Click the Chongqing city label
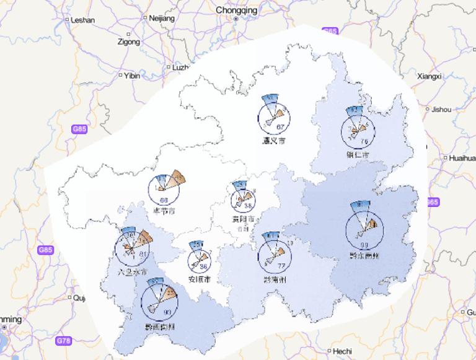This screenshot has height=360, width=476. point(236,10)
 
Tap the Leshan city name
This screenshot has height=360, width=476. point(83,20)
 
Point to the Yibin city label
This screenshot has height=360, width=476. point(132,76)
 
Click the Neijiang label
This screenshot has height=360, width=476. point(162,19)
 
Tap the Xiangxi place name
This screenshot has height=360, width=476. point(429,76)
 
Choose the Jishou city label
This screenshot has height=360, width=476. point(441,109)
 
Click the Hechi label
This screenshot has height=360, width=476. point(342,351)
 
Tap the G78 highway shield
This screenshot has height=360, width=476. point(63,341)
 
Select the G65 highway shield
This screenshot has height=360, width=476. point(330,31)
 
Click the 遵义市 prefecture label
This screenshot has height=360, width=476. point(273,141)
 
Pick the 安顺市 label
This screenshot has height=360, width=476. point(200,280)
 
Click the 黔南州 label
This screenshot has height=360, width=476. point(273,280)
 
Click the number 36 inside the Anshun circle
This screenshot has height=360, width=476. point(203,266)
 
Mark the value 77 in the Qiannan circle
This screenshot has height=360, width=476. point(281,266)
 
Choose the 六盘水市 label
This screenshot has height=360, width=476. point(128,272)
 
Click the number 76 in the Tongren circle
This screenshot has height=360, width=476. point(364,141)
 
